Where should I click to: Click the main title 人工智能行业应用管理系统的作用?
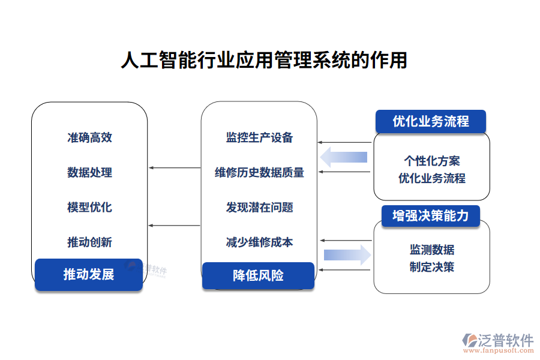264,61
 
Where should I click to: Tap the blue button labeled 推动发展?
89,275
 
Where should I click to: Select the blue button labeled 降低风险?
258,275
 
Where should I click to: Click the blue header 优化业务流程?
430,121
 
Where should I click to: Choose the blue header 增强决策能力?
430,215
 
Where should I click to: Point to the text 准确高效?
89,137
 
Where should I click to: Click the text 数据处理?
89,173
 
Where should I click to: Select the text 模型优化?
89,208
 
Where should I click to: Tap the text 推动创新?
89,242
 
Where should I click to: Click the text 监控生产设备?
259,137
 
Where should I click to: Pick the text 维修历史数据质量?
259,173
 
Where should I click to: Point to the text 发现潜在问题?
259,208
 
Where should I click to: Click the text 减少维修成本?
259,242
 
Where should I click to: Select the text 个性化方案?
432,161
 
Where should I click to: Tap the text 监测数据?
432,250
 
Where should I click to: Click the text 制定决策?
432,266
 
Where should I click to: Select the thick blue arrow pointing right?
347,254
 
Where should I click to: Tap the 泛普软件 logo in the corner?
498,343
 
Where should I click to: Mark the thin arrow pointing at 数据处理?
175,167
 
